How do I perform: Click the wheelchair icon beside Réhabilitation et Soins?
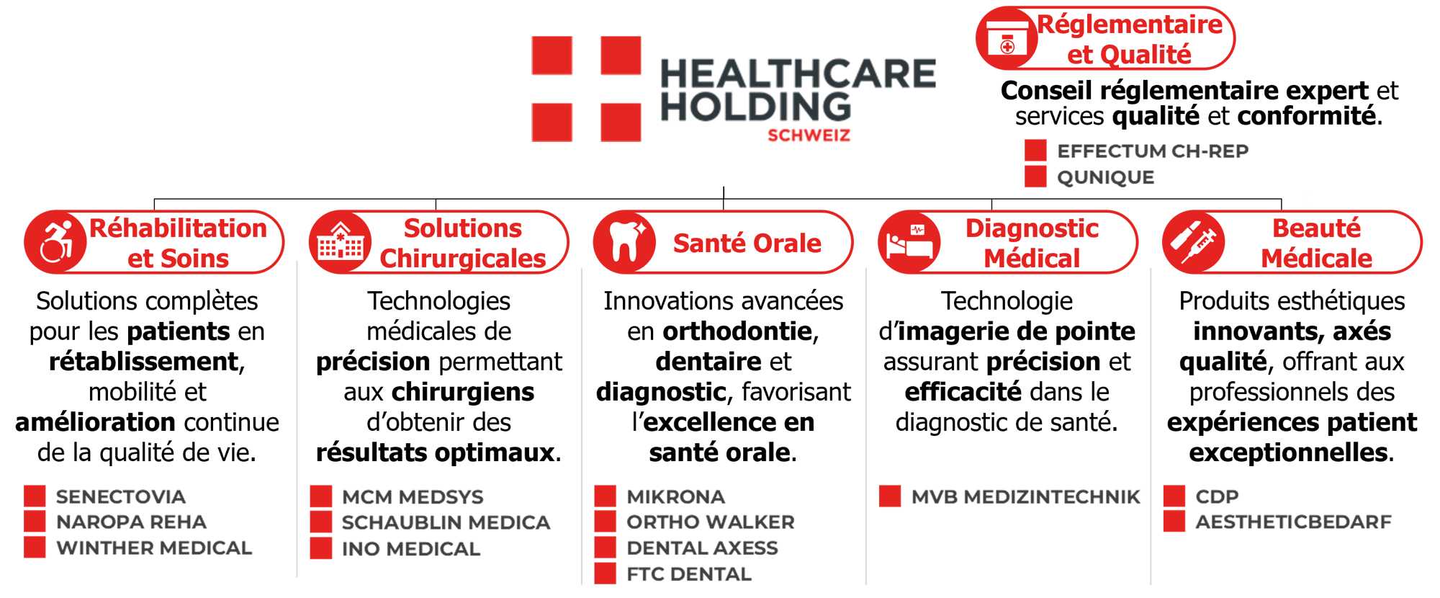point(56,242)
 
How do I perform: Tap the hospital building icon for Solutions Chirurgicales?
point(340,242)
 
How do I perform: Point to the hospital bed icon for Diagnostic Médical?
point(909,242)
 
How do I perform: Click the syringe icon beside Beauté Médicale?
point(1193,242)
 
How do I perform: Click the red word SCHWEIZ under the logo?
point(809,135)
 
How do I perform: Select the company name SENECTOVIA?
point(121,496)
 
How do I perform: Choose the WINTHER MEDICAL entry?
point(155,548)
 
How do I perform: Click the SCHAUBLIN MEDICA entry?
point(446,522)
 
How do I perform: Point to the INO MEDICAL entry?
point(412,548)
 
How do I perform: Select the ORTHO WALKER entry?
point(711,522)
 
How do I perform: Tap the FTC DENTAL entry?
point(689,574)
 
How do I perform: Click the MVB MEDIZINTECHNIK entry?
point(1026,496)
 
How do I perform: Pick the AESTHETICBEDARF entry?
point(1294,521)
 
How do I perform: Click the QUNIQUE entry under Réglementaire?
point(1106,177)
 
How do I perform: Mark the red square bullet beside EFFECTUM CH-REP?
point(1035,151)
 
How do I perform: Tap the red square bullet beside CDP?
point(1174,496)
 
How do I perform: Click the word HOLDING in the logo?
point(756,107)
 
